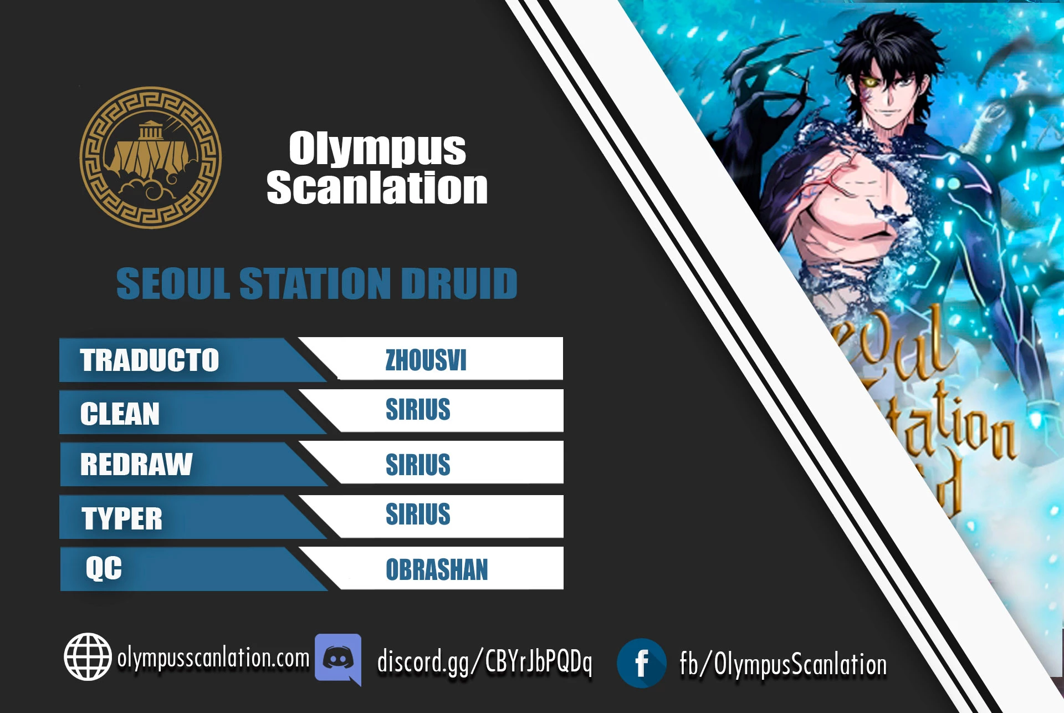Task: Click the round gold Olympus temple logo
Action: (151, 157)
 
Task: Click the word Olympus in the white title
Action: (377, 148)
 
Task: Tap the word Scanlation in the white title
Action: (377, 187)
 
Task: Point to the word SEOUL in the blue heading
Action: (173, 283)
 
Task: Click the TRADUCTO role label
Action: (150, 360)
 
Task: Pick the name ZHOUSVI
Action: (426, 360)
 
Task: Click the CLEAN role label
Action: (120, 414)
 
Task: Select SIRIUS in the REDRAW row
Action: (418, 465)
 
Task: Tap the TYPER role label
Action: (122, 519)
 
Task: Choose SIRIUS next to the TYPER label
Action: (418, 514)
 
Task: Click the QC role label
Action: (104, 568)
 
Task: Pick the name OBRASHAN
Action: (437, 570)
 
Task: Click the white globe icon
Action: (88, 656)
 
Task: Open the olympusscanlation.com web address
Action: (213, 658)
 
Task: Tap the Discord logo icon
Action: (338, 659)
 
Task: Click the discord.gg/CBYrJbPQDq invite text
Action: (484, 661)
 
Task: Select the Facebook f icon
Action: (642, 663)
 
